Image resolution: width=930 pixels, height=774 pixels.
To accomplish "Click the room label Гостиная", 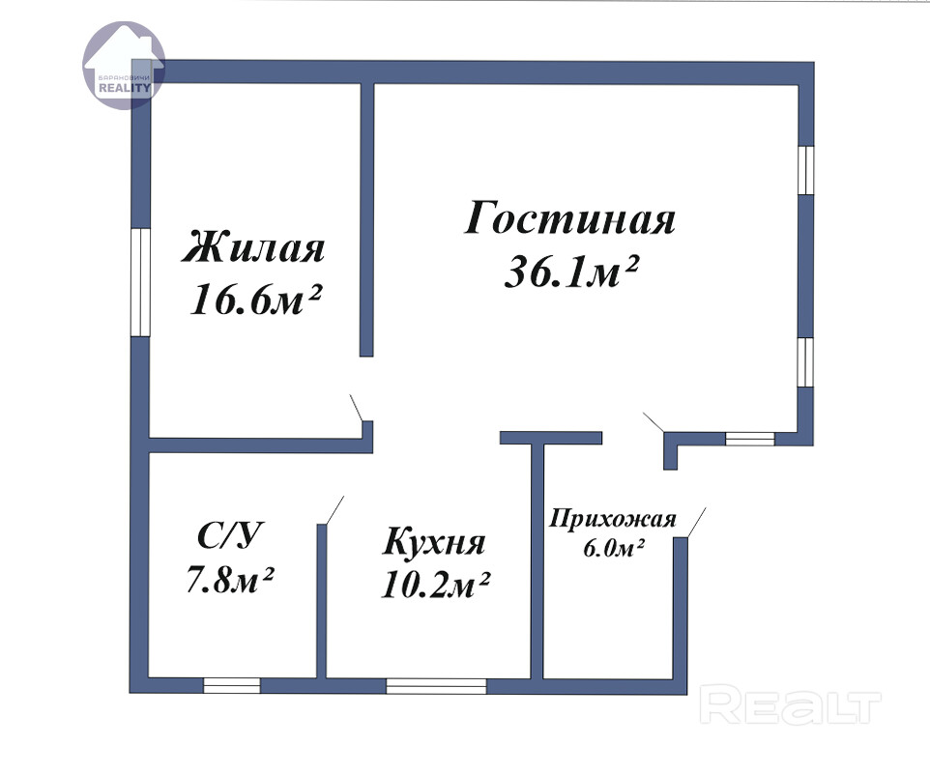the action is tap(569, 218).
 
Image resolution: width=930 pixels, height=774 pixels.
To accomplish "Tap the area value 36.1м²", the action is tap(570, 272).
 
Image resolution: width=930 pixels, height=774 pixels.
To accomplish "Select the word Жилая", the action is tap(253, 246).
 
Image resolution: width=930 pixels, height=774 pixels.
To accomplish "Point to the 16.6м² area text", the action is tap(255, 298).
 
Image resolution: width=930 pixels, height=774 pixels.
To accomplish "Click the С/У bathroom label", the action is tap(229, 535).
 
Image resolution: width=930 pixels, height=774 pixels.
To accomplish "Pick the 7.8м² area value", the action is tap(229, 579).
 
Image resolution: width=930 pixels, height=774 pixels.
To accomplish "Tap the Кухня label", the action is tap(434, 542).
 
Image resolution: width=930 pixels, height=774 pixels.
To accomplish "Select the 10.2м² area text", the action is tap(435, 585).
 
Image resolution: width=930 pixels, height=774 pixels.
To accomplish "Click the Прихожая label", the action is tap(613, 519).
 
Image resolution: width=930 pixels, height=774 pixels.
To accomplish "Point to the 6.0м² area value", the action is tap(614, 548).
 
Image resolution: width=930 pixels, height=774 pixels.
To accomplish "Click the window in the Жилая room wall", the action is tap(140, 283).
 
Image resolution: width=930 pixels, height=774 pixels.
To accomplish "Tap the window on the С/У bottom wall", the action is tap(232, 686).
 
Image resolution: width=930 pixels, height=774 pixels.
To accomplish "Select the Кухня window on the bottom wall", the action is tap(437, 686).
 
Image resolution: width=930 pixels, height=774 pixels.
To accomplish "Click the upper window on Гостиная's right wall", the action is tap(806, 170).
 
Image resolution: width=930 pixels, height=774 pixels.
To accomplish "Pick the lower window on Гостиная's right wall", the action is tap(806, 362).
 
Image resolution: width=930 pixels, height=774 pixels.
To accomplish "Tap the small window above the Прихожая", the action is tap(750, 439).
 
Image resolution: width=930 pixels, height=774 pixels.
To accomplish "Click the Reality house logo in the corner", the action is tap(124, 65).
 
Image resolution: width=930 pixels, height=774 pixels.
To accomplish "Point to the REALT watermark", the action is tap(790, 703).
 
